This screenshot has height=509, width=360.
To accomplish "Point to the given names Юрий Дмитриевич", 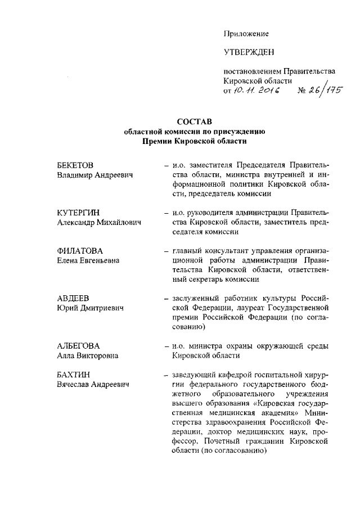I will [x=90, y=308].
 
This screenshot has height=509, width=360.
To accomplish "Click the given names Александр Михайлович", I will [x=99, y=223].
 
